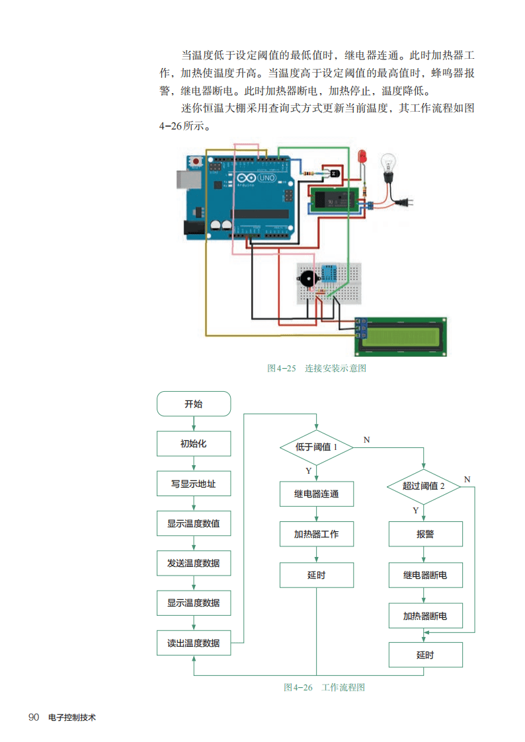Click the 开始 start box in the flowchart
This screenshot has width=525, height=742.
pos(194,404)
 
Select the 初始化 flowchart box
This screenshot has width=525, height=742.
pos(194,443)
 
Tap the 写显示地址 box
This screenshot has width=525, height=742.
pos(194,484)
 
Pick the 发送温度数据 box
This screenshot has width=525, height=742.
pos(194,564)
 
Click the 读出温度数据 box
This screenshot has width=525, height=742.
pos(194,643)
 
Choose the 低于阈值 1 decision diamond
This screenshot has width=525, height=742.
pos(317,447)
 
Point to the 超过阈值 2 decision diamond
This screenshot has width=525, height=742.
pos(424,486)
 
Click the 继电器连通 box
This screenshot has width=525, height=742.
pos(317,494)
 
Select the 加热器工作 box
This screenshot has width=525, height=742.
pos(317,534)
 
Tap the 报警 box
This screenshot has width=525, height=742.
pos(425,534)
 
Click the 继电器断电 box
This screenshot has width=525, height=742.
pos(425,575)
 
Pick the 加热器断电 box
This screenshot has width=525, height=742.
pos(425,616)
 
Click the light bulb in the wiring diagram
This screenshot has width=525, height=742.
pos(388,164)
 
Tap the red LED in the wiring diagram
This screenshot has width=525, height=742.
pos(362,157)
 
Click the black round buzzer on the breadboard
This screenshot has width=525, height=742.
pos(307,278)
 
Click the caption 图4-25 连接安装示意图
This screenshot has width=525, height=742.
pos(316,368)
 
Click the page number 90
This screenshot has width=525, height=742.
pos(34,718)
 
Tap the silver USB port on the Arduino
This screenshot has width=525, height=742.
pos(187,178)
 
